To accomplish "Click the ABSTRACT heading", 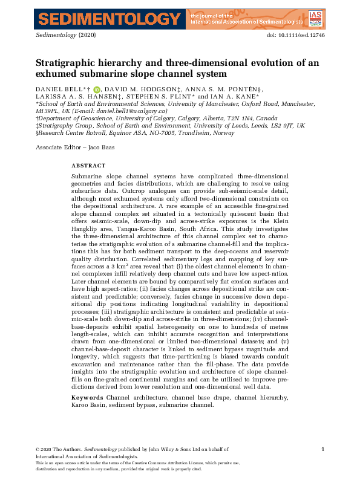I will tap(88, 165).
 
